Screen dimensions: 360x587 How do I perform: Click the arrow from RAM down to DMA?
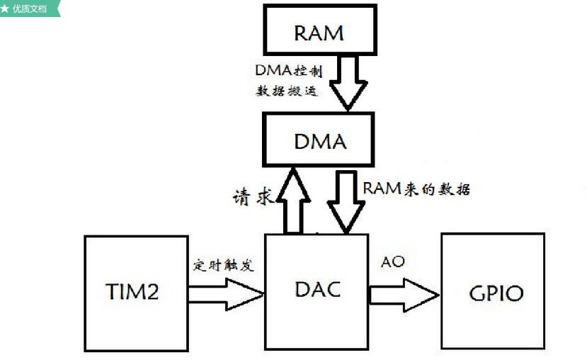tap(346, 82)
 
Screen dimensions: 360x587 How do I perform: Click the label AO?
tap(393, 262)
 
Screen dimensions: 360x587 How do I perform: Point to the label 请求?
tap(253, 196)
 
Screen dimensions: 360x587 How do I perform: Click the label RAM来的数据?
tap(416, 189)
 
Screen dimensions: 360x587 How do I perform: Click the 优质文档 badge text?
tap(33, 9)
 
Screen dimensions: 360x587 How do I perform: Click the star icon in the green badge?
tap(6, 9)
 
